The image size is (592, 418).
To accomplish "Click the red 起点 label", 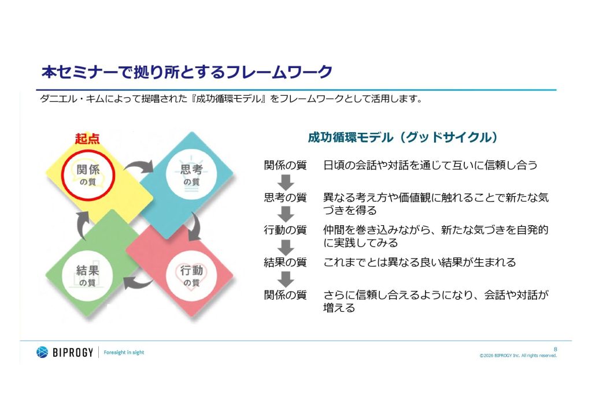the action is (x=87, y=139).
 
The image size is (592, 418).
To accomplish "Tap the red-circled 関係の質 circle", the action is (x=88, y=175).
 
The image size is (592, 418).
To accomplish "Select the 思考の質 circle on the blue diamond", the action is (x=191, y=175).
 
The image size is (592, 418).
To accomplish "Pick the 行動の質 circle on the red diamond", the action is (x=191, y=276).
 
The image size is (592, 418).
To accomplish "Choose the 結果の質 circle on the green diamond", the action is (x=87, y=276).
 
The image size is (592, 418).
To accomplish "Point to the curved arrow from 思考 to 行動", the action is (x=197, y=227).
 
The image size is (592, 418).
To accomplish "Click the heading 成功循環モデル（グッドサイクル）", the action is (x=403, y=137).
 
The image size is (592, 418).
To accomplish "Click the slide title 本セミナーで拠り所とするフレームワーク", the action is (x=187, y=72).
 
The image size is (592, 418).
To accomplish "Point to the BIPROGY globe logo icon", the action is (x=42, y=352).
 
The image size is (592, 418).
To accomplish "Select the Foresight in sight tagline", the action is (x=124, y=352).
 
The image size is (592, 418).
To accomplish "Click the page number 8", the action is (x=556, y=349).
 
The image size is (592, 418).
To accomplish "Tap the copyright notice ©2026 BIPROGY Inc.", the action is (x=518, y=356).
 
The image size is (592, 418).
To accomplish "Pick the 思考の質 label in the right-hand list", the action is (x=286, y=197).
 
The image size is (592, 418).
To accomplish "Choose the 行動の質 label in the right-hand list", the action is (x=286, y=230).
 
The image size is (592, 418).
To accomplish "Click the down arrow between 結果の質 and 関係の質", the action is (x=286, y=279).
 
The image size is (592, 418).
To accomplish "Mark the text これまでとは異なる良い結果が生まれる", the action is (x=420, y=262).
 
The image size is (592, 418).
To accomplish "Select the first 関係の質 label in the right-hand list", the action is (x=286, y=165).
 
